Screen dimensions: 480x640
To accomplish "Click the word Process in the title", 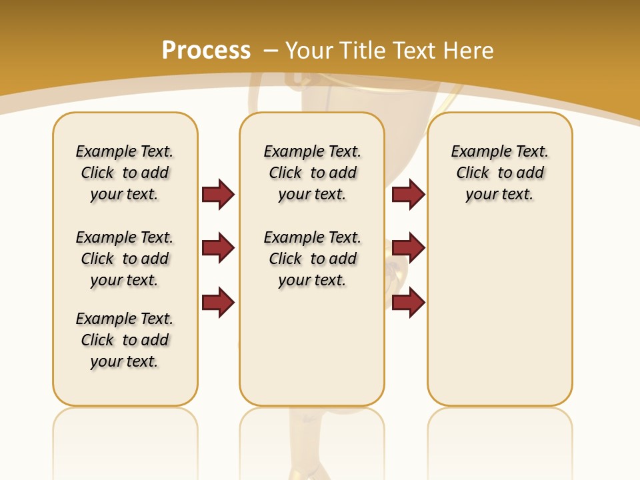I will [206, 50].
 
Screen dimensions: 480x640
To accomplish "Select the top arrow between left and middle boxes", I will [218, 194].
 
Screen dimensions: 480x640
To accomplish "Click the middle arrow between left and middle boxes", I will [218, 248].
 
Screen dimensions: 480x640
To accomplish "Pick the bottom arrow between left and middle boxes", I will [218, 303].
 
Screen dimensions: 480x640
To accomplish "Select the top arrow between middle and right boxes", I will [408, 194].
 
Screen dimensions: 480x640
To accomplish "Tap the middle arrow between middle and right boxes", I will [408, 248].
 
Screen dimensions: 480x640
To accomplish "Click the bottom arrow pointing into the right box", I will [408, 303].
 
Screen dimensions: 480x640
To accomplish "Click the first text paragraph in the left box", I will [125, 173].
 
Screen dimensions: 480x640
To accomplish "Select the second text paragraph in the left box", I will [125, 259].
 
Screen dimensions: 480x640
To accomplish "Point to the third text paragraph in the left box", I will [125, 340].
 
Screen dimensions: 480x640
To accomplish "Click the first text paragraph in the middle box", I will [312, 173].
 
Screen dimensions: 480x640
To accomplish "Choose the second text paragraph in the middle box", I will [312, 259].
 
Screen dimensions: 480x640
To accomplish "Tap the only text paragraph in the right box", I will [500, 173].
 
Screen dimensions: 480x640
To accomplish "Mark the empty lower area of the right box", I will [500, 320].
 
